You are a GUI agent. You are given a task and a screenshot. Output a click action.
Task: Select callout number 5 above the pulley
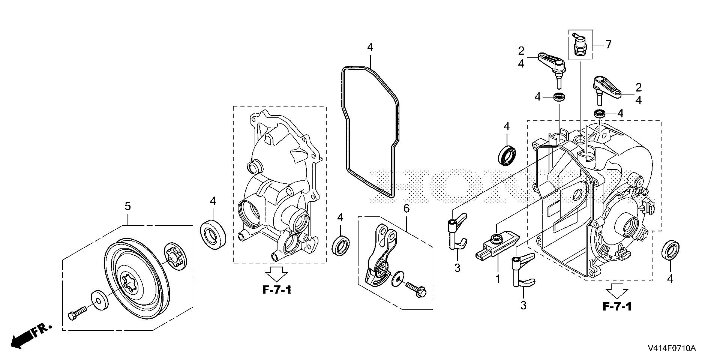127,206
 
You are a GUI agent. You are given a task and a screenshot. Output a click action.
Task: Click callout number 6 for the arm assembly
406,208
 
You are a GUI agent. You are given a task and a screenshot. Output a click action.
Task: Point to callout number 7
608,45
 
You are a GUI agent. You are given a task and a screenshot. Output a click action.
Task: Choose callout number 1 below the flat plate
498,279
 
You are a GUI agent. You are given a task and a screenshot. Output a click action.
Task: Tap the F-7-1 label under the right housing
617,306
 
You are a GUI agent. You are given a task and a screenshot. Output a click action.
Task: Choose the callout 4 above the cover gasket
370,48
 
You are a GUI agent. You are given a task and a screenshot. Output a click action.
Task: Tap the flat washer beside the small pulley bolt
99,300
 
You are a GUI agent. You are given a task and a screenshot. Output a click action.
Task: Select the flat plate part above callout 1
498,244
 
